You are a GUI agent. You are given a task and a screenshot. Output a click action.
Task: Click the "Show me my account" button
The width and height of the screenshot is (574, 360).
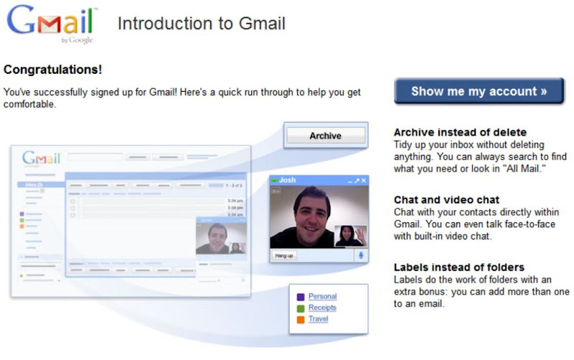tap(479, 91)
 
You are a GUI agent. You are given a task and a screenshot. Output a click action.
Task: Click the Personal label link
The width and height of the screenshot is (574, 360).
tap(322, 296)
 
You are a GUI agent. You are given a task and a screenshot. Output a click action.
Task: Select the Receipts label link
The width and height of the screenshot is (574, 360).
tap(322, 308)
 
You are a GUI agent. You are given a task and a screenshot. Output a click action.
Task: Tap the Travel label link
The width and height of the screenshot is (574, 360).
tap(318, 319)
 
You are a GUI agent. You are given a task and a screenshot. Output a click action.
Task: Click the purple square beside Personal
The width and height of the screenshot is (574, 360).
tap(301, 297)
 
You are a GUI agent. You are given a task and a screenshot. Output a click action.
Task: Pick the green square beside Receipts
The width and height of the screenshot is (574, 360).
tap(301, 308)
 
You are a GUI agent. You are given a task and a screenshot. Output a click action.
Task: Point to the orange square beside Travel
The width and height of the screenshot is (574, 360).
tap(301, 320)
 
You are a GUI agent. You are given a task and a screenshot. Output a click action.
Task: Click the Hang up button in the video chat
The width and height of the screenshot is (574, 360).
tap(284, 255)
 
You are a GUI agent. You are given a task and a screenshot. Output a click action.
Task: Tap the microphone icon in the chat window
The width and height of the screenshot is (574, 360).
tap(361, 255)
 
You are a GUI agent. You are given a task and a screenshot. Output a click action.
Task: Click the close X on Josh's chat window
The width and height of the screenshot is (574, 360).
tap(364, 181)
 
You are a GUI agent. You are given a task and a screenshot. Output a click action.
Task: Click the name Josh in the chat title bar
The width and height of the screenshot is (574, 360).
tap(287, 180)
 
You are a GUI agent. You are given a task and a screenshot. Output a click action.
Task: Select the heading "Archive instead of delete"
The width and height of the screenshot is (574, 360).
tap(460, 133)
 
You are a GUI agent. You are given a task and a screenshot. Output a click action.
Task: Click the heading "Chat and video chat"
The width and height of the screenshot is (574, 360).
tap(446, 200)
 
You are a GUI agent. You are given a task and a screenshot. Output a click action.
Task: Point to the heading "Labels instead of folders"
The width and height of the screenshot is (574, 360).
tap(459, 267)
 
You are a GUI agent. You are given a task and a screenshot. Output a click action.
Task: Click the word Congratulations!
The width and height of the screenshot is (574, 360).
tap(52, 70)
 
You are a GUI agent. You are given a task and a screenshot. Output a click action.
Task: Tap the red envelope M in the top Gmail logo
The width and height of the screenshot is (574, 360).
tap(49, 25)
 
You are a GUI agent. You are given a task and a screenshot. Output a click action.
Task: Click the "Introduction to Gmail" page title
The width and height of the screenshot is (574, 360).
tap(202, 24)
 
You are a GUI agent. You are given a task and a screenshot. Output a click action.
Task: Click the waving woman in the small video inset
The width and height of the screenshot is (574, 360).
tap(351, 236)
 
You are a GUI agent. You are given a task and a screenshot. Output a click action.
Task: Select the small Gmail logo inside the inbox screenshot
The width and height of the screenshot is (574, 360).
tap(41, 158)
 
